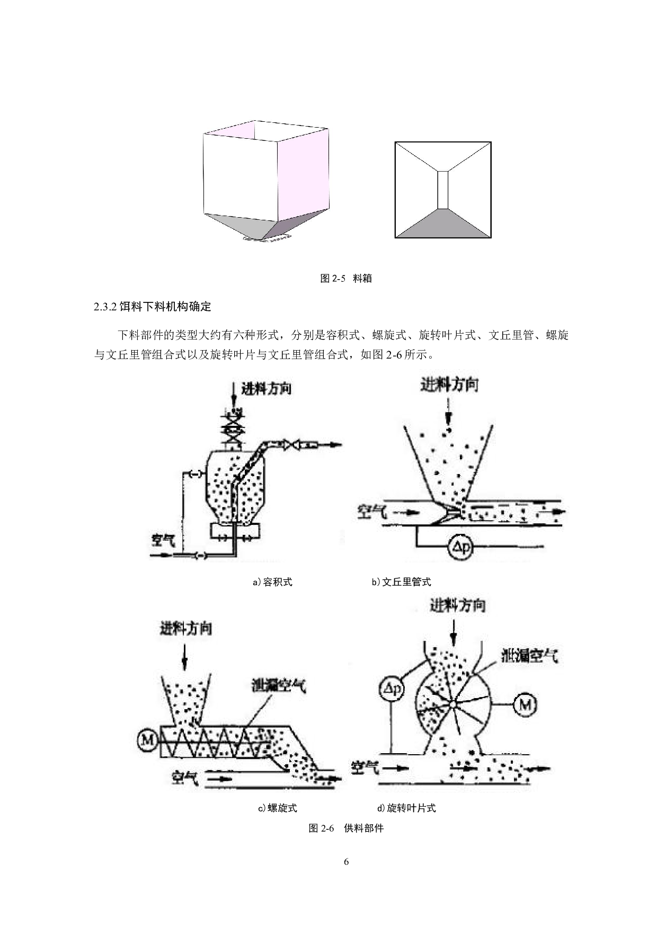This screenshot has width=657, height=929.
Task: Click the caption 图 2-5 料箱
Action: tap(346, 279)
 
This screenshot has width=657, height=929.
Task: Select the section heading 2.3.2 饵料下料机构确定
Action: tap(153, 307)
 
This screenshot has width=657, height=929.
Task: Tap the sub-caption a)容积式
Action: tap(272, 582)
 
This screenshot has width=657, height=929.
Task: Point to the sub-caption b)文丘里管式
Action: tap(401, 582)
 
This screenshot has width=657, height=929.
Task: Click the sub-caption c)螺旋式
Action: tap(277, 808)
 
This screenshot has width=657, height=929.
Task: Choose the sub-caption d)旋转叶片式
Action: tap(406, 808)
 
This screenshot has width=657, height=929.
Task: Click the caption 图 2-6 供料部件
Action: tap(346, 828)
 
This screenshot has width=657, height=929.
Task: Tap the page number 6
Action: tap(347, 862)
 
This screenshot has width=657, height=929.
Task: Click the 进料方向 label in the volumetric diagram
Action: tap(267, 389)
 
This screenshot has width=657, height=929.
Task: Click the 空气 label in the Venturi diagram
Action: tap(373, 511)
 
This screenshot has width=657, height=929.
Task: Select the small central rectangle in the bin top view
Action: tap(443, 190)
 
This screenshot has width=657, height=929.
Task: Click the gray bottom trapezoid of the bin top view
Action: tap(443, 224)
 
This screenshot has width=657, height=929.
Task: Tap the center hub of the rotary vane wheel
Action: tap(454, 704)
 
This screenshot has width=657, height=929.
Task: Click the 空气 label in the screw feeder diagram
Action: tap(185, 778)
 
